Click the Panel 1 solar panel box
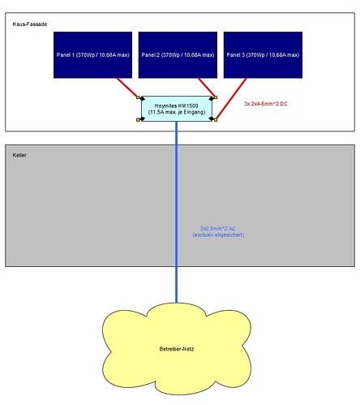pos(92,55)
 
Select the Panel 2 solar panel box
pos(178,55)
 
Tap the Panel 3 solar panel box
pos(263,55)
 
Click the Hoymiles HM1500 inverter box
pos(177,109)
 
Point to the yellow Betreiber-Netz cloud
pos(177,348)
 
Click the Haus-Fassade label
pos(30,24)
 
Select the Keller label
pos(19,155)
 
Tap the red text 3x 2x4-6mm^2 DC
pos(266,104)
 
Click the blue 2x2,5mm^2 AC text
pos(218,229)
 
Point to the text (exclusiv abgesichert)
pos(218,235)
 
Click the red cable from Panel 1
pos(127,88)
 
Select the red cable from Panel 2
pos(207,88)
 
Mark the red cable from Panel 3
pos(231,99)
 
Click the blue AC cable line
pos(177,212)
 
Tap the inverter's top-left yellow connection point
pos(138,97)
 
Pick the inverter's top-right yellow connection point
pos(216,97)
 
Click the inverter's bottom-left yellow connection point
pos(138,120)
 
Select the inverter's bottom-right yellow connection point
pos(216,120)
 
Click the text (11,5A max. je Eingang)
pos(177,112)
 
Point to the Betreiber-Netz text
pos(177,349)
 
